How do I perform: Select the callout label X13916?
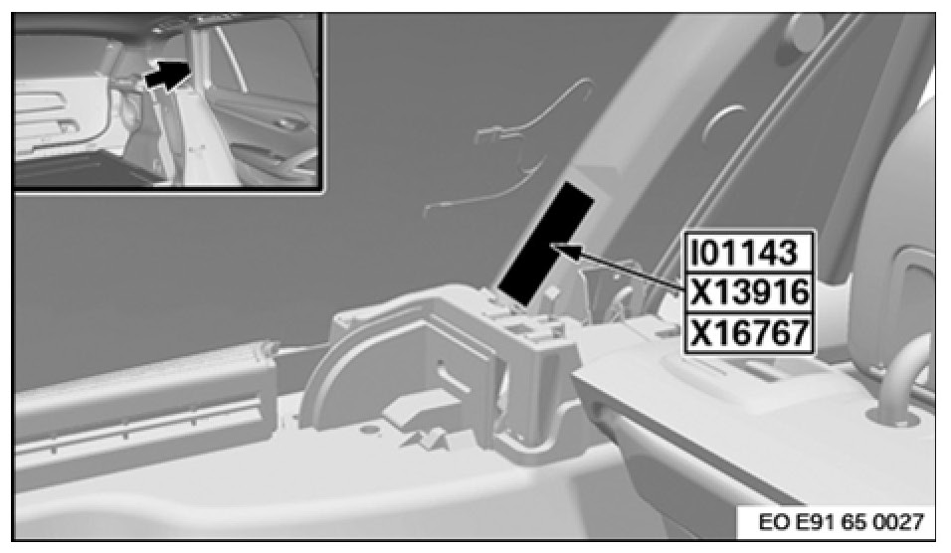748,292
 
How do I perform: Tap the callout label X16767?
748,333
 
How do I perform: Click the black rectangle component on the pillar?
545,244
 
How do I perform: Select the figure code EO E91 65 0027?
842,521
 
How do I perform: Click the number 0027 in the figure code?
900,521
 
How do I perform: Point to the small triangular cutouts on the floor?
425,438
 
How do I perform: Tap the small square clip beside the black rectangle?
552,291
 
